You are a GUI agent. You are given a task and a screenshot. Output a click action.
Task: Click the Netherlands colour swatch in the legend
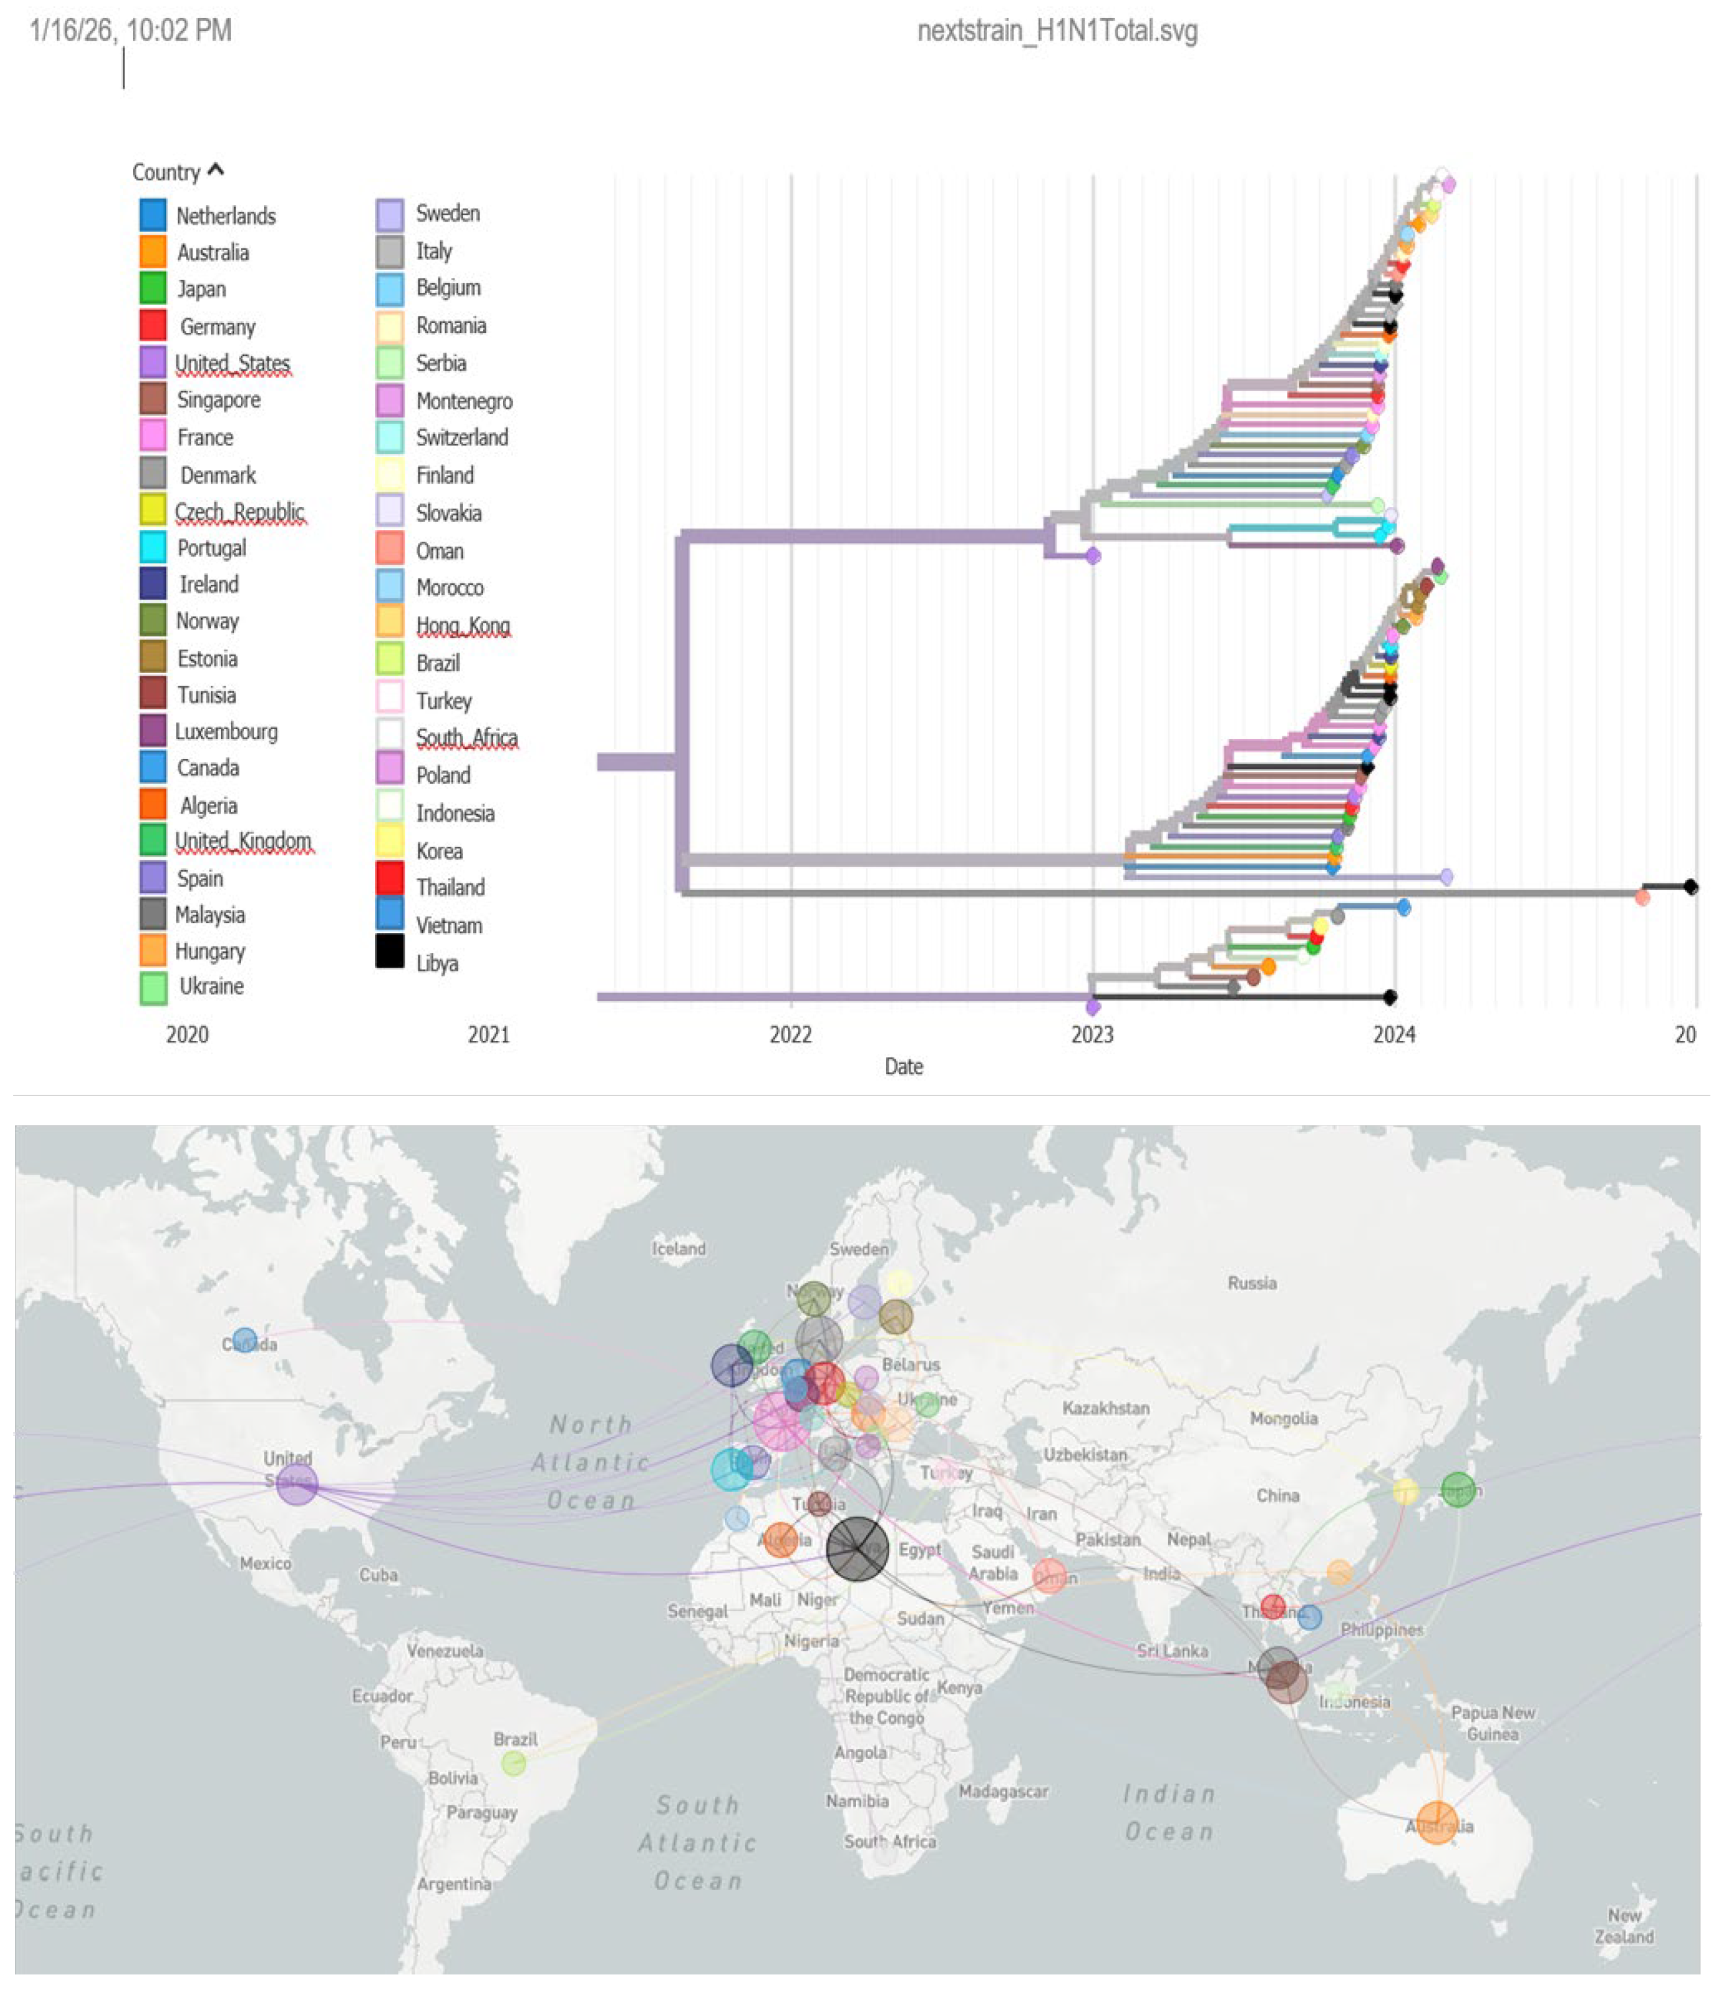pos(153,214)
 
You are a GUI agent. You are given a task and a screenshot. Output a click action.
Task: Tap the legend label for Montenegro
pos(464,401)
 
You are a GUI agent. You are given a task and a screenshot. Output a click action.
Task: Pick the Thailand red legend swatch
pos(389,878)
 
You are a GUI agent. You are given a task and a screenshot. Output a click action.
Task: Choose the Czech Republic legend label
pos(240,511)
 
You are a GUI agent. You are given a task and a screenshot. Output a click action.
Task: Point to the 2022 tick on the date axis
pos(790,1034)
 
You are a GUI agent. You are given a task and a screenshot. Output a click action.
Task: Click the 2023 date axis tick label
pos(1092,1034)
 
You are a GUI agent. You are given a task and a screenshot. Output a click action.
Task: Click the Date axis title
pos(903,1066)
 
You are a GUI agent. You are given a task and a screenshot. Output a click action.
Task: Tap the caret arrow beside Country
pos(216,170)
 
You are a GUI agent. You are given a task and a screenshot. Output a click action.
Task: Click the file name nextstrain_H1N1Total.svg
pos(1057,30)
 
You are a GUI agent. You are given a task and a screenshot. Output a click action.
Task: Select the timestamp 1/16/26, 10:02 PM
pos(130,30)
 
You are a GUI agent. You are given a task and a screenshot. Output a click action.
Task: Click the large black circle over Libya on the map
pos(857,1548)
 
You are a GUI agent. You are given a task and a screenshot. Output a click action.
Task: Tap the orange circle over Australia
pos(1436,1822)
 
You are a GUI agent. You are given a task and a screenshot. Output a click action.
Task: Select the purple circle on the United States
pos(297,1483)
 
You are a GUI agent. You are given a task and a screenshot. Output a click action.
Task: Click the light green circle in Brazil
pos(514,1762)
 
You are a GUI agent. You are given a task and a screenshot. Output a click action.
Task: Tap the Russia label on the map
pos(1252,1283)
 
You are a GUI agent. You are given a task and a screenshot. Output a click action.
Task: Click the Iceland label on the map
pos(678,1248)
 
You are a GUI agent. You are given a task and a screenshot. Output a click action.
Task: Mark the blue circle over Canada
pos(245,1339)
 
